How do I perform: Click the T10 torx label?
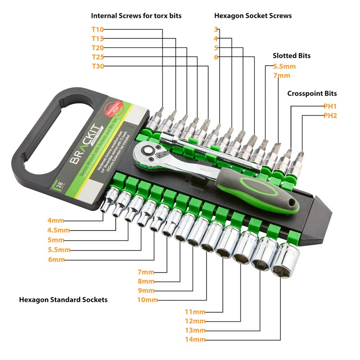pos(98,29)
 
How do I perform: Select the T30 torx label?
pos(98,66)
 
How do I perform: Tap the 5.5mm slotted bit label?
pos(284,66)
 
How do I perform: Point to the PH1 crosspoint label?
pos(330,106)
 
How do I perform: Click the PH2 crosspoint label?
pos(330,116)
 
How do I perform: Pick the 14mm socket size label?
pos(195,339)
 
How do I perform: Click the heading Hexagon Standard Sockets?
pos(63,299)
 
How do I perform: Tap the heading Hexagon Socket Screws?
pos(253,15)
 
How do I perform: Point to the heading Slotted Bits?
pos(292,56)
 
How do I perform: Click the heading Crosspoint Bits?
pos(312,94)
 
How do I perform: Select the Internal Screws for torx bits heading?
pos(136,15)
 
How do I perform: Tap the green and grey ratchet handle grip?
pos(265,197)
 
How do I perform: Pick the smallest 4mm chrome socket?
pos(108,203)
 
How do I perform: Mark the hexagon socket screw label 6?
pos(216,57)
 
